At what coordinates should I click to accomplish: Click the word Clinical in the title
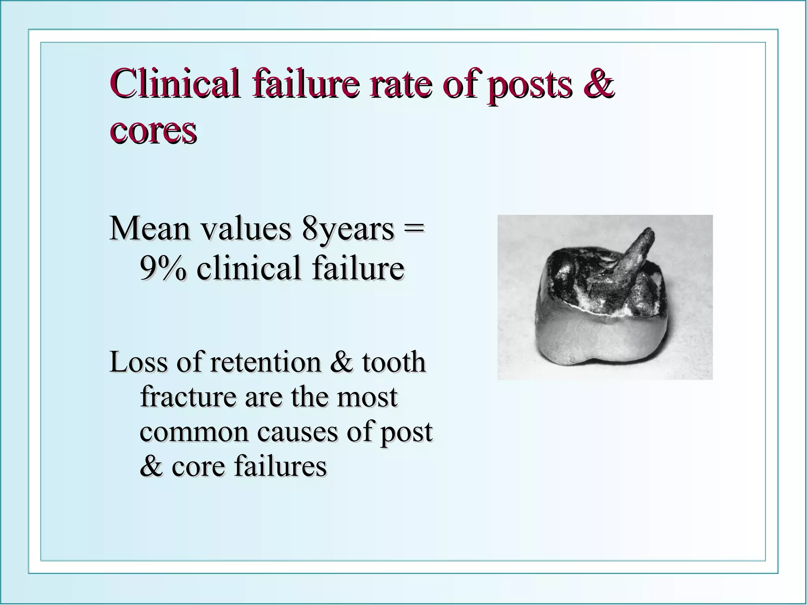pos(174,84)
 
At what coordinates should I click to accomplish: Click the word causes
pos(298,432)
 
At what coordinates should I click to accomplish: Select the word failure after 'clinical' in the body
pos(358,268)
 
